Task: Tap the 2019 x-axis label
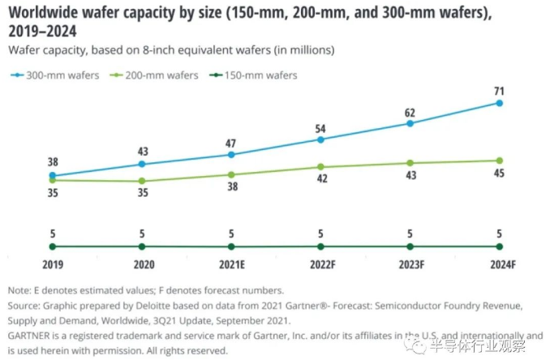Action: coord(53,264)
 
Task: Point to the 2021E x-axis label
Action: coord(231,264)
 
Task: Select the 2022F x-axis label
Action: coord(320,264)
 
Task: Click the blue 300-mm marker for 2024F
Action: coord(500,103)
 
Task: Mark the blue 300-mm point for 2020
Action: coord(142,165)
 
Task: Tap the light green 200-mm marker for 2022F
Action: coord(321,167)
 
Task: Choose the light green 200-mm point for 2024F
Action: coord(500,161)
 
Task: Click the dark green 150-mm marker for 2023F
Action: coord(410,246)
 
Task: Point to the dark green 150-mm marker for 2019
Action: coord(53,246)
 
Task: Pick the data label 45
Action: coord(500,174)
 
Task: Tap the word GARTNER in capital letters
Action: coord(30,334)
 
